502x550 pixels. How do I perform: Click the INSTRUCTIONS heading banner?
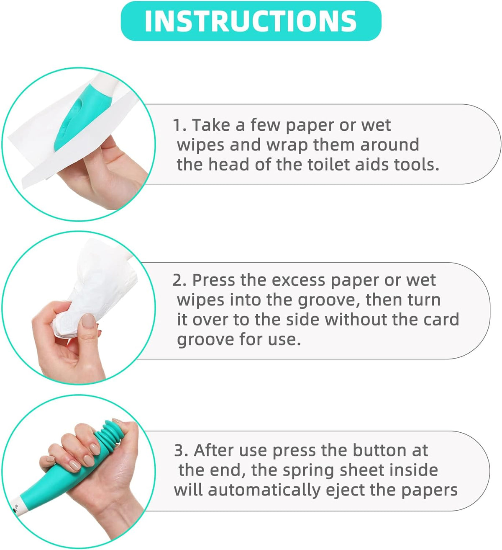[251, 21]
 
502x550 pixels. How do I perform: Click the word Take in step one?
[211, 125]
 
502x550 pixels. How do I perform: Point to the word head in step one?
[229, 165]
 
